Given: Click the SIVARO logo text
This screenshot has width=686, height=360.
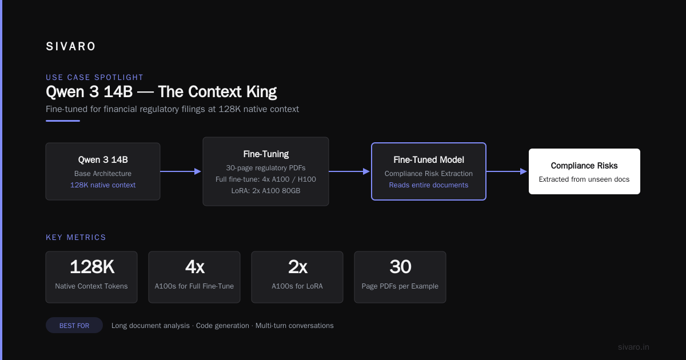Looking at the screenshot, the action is click(x=70, y=46).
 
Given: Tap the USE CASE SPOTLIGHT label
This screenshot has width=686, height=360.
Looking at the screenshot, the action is click(x=94, y=78).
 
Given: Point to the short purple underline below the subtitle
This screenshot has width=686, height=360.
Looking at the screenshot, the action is click(x=63, y=121).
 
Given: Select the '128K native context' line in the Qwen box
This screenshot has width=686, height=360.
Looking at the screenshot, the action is click(x=103, y=185).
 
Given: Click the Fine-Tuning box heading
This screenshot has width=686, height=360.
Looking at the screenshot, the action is click(x=266, y=154).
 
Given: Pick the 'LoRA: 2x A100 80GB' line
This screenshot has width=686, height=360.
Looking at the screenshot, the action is click(x=266, y=191).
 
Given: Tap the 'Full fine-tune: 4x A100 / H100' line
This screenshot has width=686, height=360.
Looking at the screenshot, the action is click(x=266, y=179).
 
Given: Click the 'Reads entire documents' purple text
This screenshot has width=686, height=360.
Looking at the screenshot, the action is click(x=428, y=185).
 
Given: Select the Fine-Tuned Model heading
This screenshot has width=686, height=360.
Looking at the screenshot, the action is click(x=428, y=160).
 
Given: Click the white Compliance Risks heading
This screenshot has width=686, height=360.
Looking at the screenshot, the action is click(x=584, y=166).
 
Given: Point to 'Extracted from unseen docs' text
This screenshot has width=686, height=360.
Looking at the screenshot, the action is click(x=584, y=179).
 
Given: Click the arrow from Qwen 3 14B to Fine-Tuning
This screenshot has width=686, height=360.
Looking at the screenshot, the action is click(x=181, y=171).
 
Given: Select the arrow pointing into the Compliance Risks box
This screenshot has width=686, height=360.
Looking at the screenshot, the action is click(x=506, y=171).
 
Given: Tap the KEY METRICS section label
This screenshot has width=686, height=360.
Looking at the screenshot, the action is click(x=75, y=237).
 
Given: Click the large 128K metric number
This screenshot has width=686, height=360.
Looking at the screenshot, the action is click(x=92, y=267).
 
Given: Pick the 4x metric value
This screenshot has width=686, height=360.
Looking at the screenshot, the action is click(x=194, y=267).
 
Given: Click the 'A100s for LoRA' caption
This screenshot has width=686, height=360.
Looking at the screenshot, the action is click(x=297, y=286).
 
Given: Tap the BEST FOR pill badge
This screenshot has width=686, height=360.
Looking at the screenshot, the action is click(x=74, y=325).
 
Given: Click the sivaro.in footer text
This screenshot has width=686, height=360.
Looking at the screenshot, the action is click(x=633, y=347).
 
